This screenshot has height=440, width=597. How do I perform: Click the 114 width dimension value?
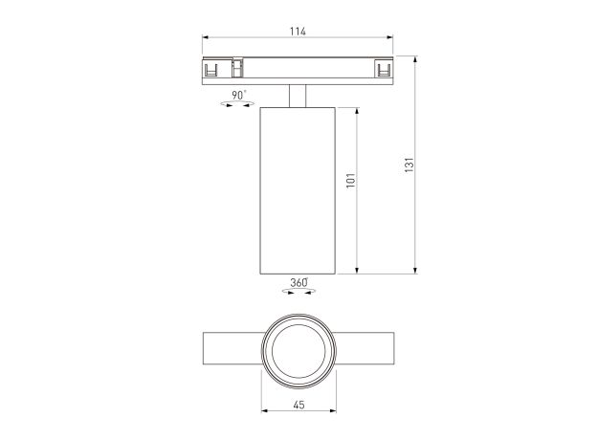(x=298, y=32)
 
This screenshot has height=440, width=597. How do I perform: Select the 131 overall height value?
(x=409, y=164)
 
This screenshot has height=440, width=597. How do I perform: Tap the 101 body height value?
(x=350, y=179)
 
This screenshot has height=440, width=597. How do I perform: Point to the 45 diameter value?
(x=298, y=406)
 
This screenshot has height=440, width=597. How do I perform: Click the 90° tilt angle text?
(x=238, y=95)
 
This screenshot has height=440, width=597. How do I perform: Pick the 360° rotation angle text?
(x=298, y=283)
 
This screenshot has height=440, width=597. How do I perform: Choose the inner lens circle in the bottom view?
(x=298, y=348)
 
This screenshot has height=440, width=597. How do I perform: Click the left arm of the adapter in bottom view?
(x=232, y=348)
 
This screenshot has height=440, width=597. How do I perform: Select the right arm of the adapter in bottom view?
(x=364, y=348)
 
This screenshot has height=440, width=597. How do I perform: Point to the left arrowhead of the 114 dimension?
(x=206, y=40)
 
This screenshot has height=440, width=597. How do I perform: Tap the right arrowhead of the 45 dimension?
(x=331, y=413)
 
